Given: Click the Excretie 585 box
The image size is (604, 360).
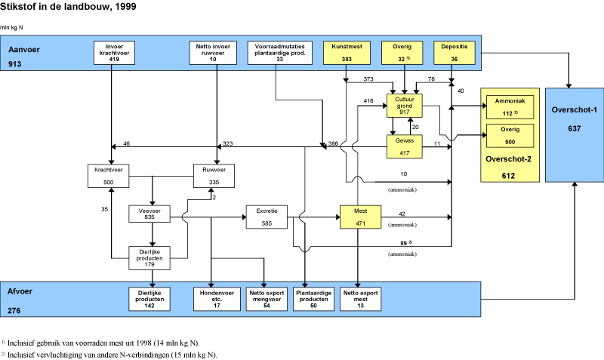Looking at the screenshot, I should [x=267, y=217].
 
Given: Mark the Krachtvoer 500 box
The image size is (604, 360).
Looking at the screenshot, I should [x=110, y=176].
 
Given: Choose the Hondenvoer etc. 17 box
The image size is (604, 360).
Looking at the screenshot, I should [x=211, y=298].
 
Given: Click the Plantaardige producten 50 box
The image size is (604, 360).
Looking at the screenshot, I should [x=313, y=298].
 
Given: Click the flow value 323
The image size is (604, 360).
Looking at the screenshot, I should [x=227, y=143].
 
